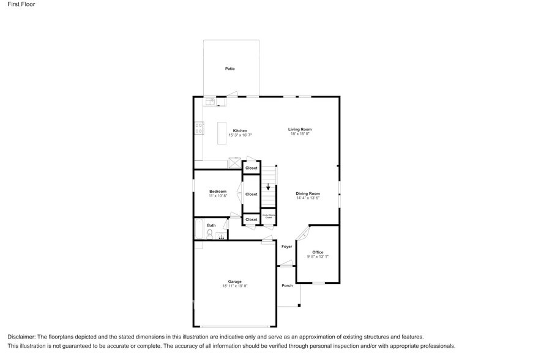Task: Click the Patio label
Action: pos(229,69)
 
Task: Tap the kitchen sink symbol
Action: pos(209,102)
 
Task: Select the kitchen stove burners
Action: pos(199,128)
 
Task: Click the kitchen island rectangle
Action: pos(222,133)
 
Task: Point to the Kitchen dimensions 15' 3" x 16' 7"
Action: pos(240,135)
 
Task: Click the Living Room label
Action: pos(300,129)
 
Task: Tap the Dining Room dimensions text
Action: pos(308,198)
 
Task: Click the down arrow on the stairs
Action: pos(267,187)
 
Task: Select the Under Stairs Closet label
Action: pos(268,216)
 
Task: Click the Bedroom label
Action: pos(218,192)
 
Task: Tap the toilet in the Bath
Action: pos(209,233)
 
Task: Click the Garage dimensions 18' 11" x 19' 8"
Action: pos(234,286)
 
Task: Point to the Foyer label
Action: pos(286,247)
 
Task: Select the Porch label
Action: pos(286,285)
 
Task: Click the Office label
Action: pos(318,252)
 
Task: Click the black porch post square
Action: pos(300,306)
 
